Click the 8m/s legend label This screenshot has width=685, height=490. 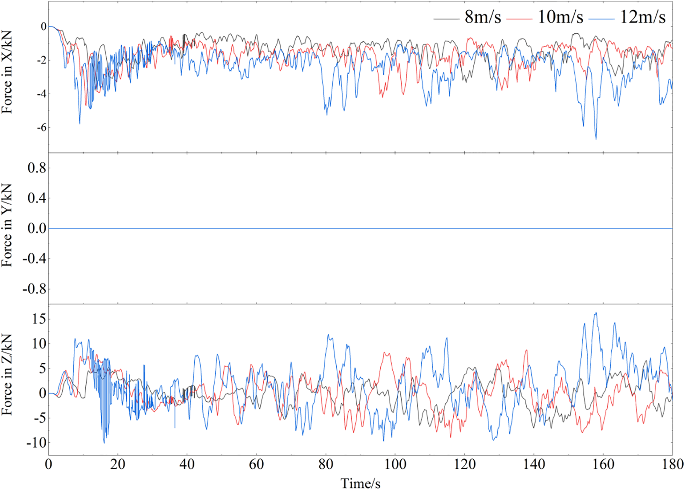(x=483, y=17)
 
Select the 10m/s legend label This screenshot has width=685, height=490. (x=560, y=17)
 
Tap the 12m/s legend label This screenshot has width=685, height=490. (x=643, y=17)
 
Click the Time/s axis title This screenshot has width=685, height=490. (x=361, y=483)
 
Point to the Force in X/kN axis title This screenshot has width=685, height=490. (x=7, y=72)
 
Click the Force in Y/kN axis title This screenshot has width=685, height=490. (x=7, y=225)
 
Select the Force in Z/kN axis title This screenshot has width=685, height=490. (x=7, y=374)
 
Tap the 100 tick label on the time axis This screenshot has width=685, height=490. (x=395, y=464)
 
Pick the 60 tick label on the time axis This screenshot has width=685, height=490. (x=257, y=464)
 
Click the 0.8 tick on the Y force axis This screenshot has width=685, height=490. (x=37, y=168)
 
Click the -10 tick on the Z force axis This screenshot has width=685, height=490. (x=36, y=443)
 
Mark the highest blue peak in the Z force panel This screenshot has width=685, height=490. (x=596, y=313)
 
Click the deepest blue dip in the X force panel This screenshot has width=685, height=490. (x=596, y=139)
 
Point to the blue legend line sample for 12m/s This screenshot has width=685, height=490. (x=601, y=19)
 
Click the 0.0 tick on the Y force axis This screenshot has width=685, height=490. (x=37, y=229)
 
